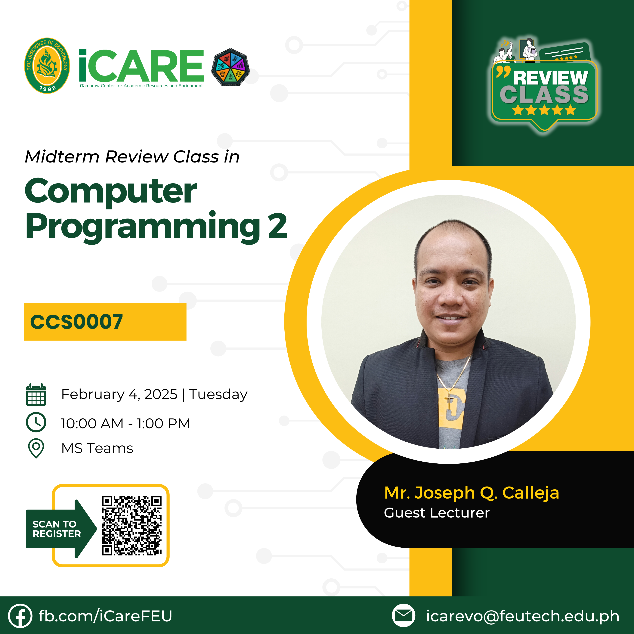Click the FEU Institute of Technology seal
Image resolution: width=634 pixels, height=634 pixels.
click(47, 66)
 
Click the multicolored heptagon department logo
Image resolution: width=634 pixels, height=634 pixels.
click(230, 67)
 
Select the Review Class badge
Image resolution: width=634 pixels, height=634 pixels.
click(544, 86)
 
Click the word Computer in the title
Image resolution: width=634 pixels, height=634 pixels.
click(111, 191)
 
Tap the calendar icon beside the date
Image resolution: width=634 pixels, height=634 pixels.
click(36, 395)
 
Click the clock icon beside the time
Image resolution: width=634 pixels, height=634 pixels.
click(36, 422)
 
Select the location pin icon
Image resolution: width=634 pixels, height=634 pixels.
click(36, 448)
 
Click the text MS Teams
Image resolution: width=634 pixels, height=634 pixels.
click(97, 448)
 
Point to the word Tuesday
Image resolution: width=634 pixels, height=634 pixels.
click(218, 394)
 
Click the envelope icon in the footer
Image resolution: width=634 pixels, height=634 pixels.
click(404, 615)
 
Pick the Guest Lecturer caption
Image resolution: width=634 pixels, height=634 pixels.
click(437, 513)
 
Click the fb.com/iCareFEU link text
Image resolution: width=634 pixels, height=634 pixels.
click(105, 616)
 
